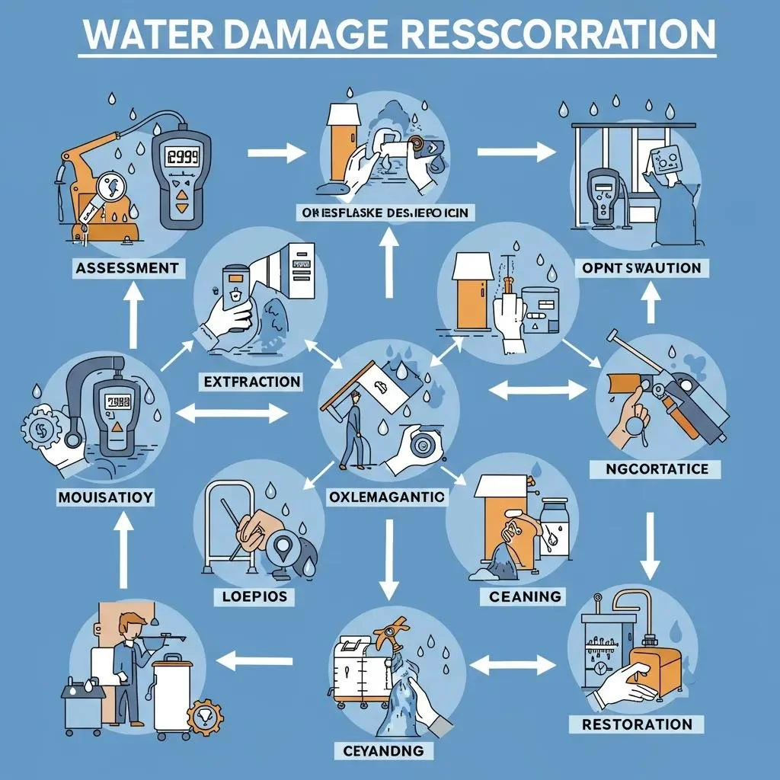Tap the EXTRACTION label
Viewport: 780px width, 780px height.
[x=252, y=382]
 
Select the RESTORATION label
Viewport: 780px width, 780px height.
[x=637, y=724]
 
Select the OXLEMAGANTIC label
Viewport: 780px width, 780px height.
[x=386, y=497]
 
